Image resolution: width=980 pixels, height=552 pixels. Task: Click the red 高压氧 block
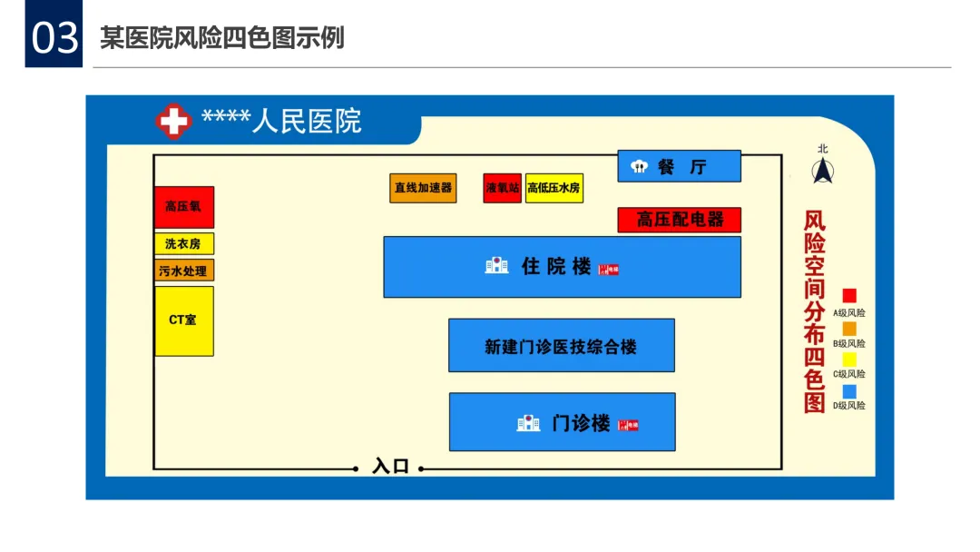pos(183,207)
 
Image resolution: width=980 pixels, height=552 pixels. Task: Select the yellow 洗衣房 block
pos(183,243)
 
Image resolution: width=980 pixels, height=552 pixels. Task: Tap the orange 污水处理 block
pos(183,271)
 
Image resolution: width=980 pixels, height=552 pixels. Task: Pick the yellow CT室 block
pos(183,320)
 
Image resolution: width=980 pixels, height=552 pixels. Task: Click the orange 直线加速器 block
pos(423,188)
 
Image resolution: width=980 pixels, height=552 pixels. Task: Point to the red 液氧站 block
pos(502,188)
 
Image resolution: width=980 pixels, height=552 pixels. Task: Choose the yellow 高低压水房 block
pos(554,188)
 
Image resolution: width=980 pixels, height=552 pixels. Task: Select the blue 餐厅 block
pos(680,166)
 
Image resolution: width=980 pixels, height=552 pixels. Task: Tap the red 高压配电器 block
pos(680,220)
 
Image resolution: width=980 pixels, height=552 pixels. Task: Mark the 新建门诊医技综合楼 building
pos(561,346)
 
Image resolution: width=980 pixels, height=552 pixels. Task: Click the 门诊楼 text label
pos(581,423)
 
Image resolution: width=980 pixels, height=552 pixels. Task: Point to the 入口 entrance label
pos(391,468)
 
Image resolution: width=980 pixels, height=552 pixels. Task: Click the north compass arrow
pos(823,170)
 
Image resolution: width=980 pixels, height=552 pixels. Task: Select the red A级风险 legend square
pos(849,296)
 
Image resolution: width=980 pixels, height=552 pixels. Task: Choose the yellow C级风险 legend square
pos(849,359)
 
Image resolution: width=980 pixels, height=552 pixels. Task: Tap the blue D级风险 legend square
pos(849,391)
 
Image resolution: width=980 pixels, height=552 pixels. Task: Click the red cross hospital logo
pos(173,121)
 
